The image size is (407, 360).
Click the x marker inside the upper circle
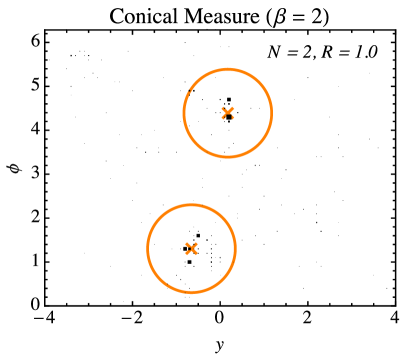(228, 113)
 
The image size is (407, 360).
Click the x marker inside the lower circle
(191, 248)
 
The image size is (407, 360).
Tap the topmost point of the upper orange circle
(228, 69)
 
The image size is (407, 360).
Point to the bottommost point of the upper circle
(228, 157)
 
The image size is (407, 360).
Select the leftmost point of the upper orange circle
(184, 113)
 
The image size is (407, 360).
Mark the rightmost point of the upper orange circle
(272, 113)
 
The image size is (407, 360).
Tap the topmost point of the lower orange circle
(191, 204)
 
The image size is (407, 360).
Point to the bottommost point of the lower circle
(191, 293)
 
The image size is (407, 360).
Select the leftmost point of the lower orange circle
(147, 248)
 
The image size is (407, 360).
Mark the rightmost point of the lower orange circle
(236, 248)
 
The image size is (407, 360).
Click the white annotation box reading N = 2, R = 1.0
(322, 53)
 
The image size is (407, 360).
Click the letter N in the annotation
(275, 53)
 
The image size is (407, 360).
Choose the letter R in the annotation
(327, 53)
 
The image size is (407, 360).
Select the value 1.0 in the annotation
(365, 53)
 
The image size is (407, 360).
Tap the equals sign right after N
(291, 53)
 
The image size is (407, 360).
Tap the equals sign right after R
(343, 53)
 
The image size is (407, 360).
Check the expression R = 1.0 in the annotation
(348, 53)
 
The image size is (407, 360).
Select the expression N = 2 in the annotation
(290, 53)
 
